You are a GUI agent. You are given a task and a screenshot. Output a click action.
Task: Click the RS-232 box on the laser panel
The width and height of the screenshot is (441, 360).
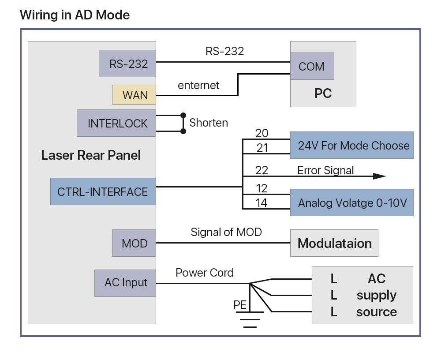[x=127, y=64]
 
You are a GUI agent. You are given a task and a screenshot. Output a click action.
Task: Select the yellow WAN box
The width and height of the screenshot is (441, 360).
[x=134, y=95]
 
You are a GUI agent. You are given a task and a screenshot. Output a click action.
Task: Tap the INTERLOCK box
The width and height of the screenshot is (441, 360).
[x=116, y=123]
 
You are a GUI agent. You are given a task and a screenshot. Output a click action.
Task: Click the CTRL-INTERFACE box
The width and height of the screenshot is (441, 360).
[x=103, y=191]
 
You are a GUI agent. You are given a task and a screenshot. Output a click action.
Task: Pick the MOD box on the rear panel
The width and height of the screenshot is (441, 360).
[x=134, y=243]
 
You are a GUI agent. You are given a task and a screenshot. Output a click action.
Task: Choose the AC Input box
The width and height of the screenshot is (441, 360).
[x=125, y=283]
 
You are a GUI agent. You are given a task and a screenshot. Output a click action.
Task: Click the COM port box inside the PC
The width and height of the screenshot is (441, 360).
[x=312, y=67]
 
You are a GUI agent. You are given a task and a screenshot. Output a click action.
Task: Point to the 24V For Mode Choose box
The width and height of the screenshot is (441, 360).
[x=351, y=146]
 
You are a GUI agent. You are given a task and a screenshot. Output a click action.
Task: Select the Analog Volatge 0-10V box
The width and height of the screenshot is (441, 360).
[x=351, y=202]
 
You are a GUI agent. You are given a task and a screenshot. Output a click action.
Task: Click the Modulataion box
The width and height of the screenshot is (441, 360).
[x=334, y=243]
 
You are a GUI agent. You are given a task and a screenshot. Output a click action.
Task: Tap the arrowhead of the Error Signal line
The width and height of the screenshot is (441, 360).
[x=379, y=176]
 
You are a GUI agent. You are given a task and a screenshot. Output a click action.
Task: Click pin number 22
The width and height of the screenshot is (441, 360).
[x=262, y=170]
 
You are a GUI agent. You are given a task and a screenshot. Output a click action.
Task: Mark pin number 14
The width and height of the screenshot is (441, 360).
[x=262, y=203]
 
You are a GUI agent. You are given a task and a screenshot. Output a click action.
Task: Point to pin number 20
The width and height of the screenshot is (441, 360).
[x=262, y=133]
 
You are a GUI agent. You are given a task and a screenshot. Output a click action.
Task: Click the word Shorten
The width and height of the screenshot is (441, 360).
[x=209, y=123]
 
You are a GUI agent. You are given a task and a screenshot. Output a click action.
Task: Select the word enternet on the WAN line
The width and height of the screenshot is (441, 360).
[x=198, y=85]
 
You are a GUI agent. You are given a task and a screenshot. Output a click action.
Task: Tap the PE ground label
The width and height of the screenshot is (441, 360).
[x=240, y=305]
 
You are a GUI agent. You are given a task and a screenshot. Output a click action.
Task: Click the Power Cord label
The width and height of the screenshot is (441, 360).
[x=205, y=273]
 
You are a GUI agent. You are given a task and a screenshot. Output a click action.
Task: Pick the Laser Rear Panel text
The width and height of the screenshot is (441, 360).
[x=91, y=155]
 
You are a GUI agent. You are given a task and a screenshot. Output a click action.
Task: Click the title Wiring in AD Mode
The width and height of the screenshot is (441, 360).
[x=75, y=15]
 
